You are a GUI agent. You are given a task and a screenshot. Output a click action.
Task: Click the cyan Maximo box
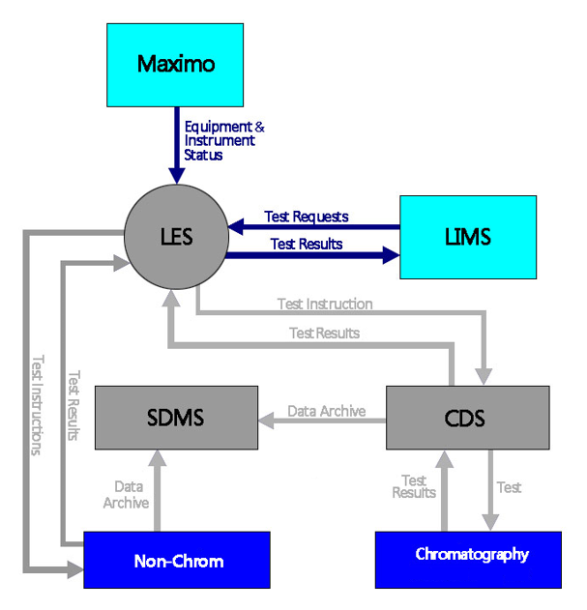pyautogui.click(x=177, y=66)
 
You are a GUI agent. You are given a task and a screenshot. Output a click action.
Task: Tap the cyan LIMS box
pyautogui.click(x=468, y=238)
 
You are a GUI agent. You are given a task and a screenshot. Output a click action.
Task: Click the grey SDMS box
pyautogui.click(x=175, y=417)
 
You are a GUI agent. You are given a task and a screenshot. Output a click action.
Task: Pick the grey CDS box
pyautogui.click(x=467, y=418)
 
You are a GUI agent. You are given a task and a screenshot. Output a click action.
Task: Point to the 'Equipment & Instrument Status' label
pyautogui.click(x=223, y=140)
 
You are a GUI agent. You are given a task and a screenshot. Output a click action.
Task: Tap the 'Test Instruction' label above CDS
pyautogui.click(x=325, y=304)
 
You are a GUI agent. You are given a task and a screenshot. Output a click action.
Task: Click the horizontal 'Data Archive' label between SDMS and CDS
pyautogui.click(x=326, y=411)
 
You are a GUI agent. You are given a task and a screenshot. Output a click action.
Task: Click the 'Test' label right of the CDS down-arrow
pyautogui.click(x=509, y=488)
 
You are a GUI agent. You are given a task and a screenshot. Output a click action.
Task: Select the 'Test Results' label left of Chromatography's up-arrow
pyautogui.click(x=414, y=486)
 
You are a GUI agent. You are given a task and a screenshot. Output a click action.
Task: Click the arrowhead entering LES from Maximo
pyautogui.click(x=176, y=174)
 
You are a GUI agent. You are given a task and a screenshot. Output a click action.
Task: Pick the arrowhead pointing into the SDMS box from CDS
pyautogui.click(x=264, y=421)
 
